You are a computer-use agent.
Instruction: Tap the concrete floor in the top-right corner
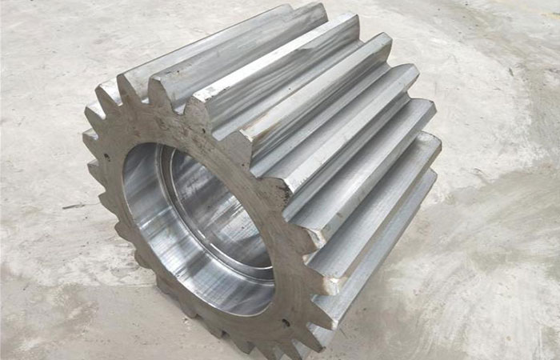pos(520,32)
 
